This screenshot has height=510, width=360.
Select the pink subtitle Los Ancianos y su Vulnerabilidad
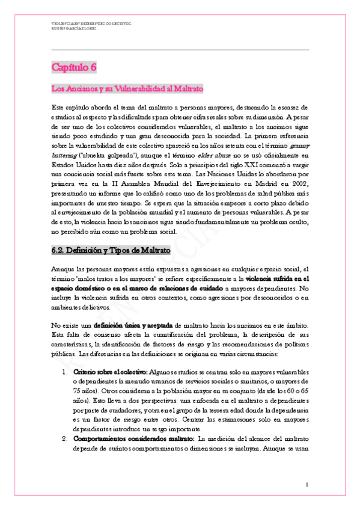tap(127, 88)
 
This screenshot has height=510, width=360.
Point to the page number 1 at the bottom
tap(307, 484)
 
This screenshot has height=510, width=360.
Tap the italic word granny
tap(299, 145)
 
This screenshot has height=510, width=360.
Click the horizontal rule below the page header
tap(180, 49)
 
